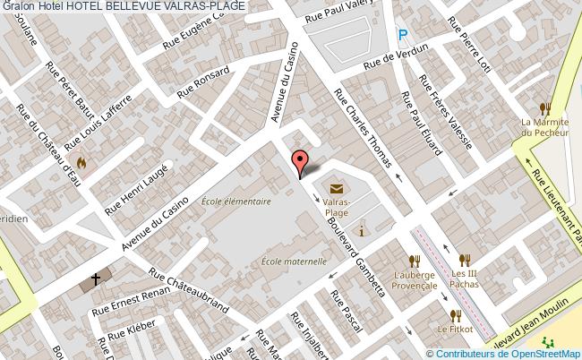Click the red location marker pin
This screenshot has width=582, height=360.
tap(299, 161)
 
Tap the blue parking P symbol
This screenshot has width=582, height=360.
tap(403, 35)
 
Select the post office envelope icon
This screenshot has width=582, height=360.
tap(336, 189)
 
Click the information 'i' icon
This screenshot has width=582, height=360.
tap(361, 231)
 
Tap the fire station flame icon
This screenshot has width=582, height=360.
tap(82, 163)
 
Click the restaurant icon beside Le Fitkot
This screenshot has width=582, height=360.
tap(456, 315)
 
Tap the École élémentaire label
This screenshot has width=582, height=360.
tap(236, 201)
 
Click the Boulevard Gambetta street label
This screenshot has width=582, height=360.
tap(355, 244)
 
